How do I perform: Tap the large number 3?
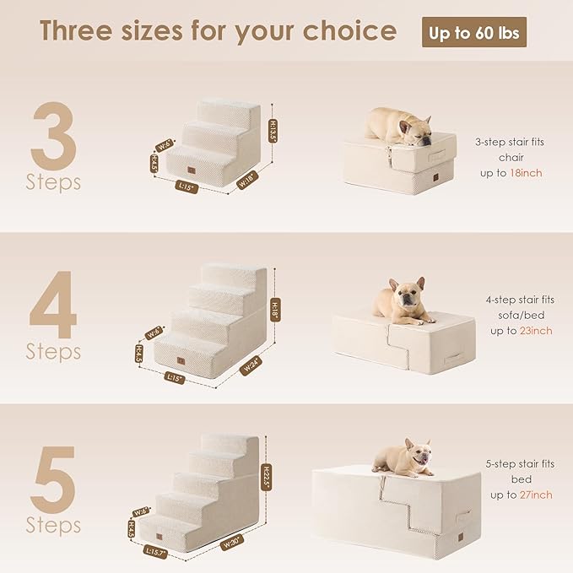click(x=53, y=135)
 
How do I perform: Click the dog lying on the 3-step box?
click(x=397, y=124)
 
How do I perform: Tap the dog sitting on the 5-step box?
click(x=406, y=455)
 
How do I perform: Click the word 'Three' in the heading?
click(x=83, y=31)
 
